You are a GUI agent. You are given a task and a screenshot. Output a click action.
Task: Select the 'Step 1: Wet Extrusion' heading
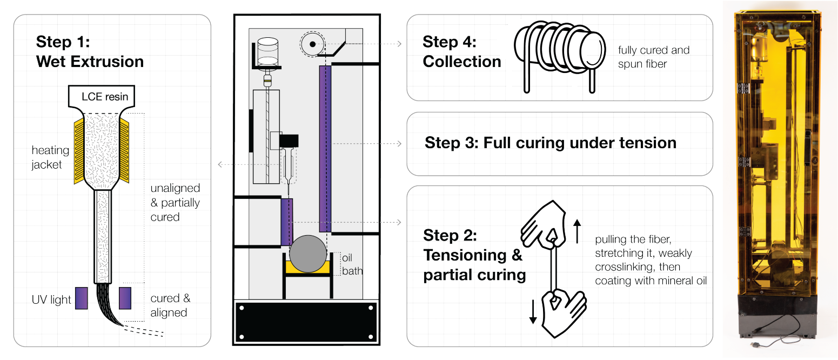pyautogui.click(x=90, y=52)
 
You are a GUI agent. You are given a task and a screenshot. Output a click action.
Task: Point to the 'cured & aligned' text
pyautogui.click(x=170, y=305)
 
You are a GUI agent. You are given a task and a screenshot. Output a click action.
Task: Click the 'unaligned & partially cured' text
pyautogui.click(x=175, y=203)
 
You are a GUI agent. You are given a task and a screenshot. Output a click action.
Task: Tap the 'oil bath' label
pyautogui.click(x=352, y=264)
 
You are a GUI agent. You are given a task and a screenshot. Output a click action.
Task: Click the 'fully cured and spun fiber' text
pyautogui.click(x=654, y=57)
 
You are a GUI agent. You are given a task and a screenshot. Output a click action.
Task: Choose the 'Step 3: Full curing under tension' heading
pyautogui.click(x=550, y=143)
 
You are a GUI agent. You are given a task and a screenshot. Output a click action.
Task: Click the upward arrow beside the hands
pyautogui.click(x=578, y=231)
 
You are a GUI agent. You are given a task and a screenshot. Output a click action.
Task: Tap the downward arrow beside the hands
pyautogui.click(x=533, y=311)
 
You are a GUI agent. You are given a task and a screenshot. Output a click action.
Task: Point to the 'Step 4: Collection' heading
pyautogui.click(x=461, y=52)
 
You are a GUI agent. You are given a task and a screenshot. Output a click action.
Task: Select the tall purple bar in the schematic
pyautogui.click(x=325, y=148)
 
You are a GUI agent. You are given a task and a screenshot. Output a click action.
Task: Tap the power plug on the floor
pyautogui.click(x=752, y=343)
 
